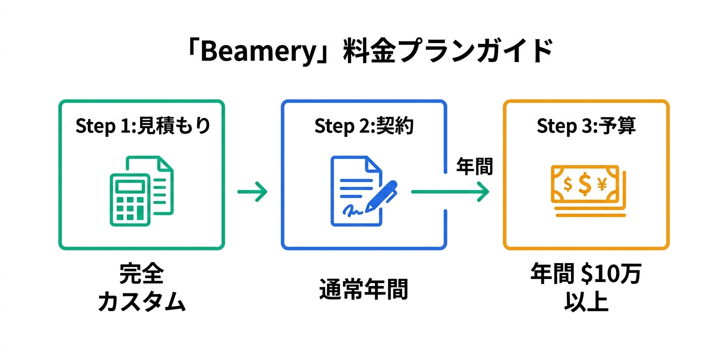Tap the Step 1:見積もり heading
pyautogui.click(x=142, y=126)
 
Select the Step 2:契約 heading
pyautogui.click(x=364, y=126)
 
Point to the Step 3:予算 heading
pyautogui.click(x=586, y=126)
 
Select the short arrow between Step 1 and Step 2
pyautogui.click(x=252, y=192)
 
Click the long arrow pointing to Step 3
pyautogui.click(x=450, y=191)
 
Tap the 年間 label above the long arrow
pyautogui.click(x=474, y=167)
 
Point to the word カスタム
pyautogui.click(x=141, y=302)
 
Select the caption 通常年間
pyautogui.click(x=363, y=289)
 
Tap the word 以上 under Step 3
pyautogui.click(x=586, y=302)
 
